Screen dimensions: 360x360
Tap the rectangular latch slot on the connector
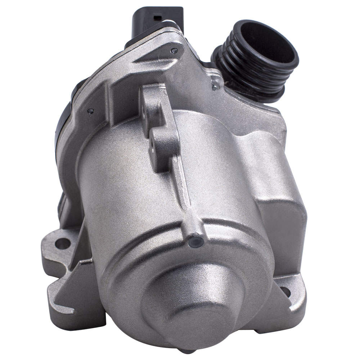[157, 17]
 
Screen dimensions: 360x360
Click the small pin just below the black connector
[174, 51]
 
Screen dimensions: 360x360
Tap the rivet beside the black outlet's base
[216, 87]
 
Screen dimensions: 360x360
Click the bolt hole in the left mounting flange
[62, 243]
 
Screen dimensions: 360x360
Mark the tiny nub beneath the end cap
[188, 351]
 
